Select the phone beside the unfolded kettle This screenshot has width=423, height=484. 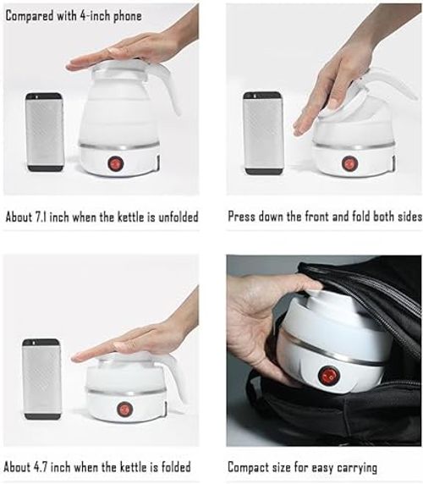[x=45, y=131]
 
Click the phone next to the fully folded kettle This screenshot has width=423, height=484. [x=42, y=378]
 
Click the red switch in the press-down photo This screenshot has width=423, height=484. [x=349, y=162]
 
